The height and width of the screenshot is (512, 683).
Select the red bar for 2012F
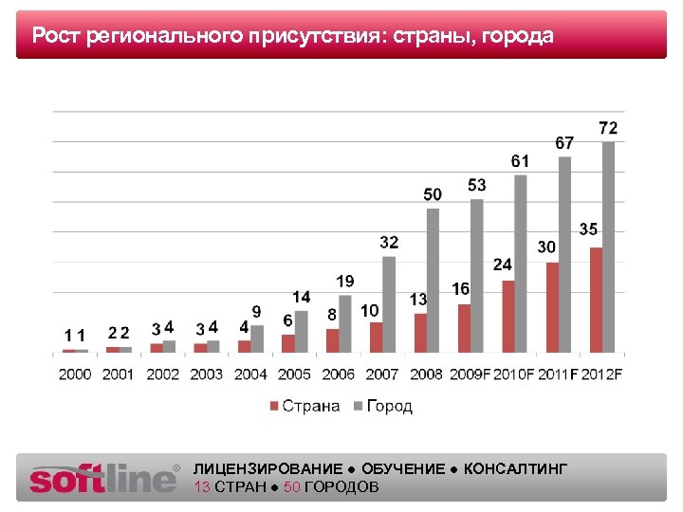click(596, 300)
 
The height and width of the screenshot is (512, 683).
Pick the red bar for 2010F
click(508, 316)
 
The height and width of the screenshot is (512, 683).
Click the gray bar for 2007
click(389, 303)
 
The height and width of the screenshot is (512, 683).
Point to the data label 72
click(608, 127)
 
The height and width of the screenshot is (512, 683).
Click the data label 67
click(564, 142)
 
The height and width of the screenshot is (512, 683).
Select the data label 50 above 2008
click(432, 194)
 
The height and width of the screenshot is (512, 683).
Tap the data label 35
click(589, 229)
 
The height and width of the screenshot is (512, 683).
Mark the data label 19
click(345, 281)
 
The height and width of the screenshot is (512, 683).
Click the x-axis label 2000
click(75, 375)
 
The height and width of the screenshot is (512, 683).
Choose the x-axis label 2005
click(294, 375)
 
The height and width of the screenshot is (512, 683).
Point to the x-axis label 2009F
click(471, 375)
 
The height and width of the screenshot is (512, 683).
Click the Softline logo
click(102, 477)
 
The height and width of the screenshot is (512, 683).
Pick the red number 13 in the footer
click(201, 486)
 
